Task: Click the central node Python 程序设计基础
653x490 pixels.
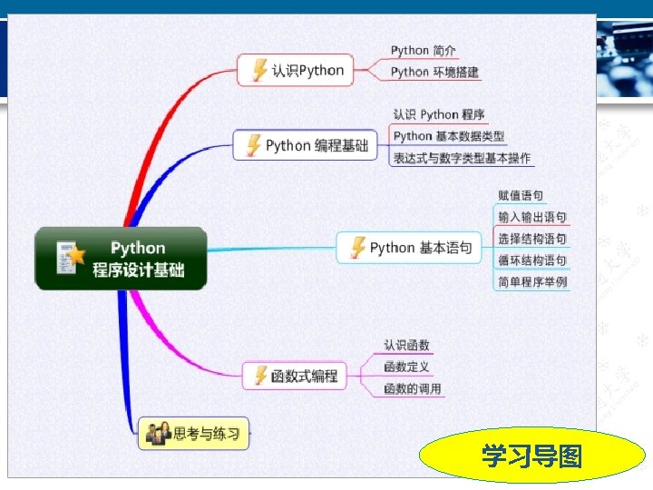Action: coord(121,259)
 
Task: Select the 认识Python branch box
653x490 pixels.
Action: coord(296,71)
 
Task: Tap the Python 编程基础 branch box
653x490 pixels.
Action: coord(305,145)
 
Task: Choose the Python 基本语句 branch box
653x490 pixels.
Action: coord(409,248)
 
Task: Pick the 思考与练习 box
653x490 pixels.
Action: coord(192,434)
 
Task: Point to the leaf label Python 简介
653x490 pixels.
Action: coord(424,51)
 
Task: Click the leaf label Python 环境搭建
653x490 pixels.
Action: coord(434,72)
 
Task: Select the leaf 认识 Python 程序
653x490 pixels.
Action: coord(438,114)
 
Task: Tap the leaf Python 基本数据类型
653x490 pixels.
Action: coord(448,136)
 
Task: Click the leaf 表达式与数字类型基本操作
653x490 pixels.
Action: coord(462,158)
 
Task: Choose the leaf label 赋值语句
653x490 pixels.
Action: coord(521,195)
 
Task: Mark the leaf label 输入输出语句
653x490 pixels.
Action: coord(531,217)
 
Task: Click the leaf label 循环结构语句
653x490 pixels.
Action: coord(531,260)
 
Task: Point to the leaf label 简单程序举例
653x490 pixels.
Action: coord(531,282)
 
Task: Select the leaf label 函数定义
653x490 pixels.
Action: coord(406,367)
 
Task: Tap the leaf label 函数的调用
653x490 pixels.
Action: coord(412,388)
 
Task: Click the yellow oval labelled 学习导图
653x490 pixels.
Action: coord(531,456)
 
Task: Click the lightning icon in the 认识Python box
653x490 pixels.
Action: coord(260,71)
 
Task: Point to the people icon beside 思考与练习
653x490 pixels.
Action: coord(158,434)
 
